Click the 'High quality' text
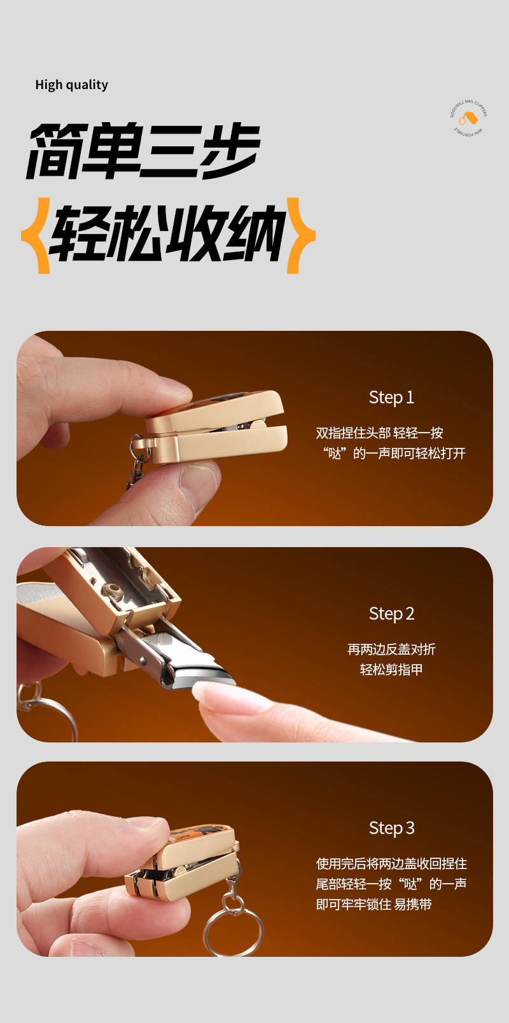[x=71, y=85]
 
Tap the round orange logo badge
[x=469, y=118]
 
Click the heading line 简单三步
[x=143, y=151]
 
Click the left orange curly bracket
[x=37, y=235]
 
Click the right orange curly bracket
[x=300, y=235]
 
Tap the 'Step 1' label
[x=391, y=398]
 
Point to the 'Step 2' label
[x=391, y=614]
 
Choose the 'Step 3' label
[x=391, y=828]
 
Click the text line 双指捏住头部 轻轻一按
[x=379, y=433]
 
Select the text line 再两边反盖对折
[x=391, y=650]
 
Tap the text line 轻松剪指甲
[x=391, y=670]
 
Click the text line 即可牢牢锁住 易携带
[x=373, y=905]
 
